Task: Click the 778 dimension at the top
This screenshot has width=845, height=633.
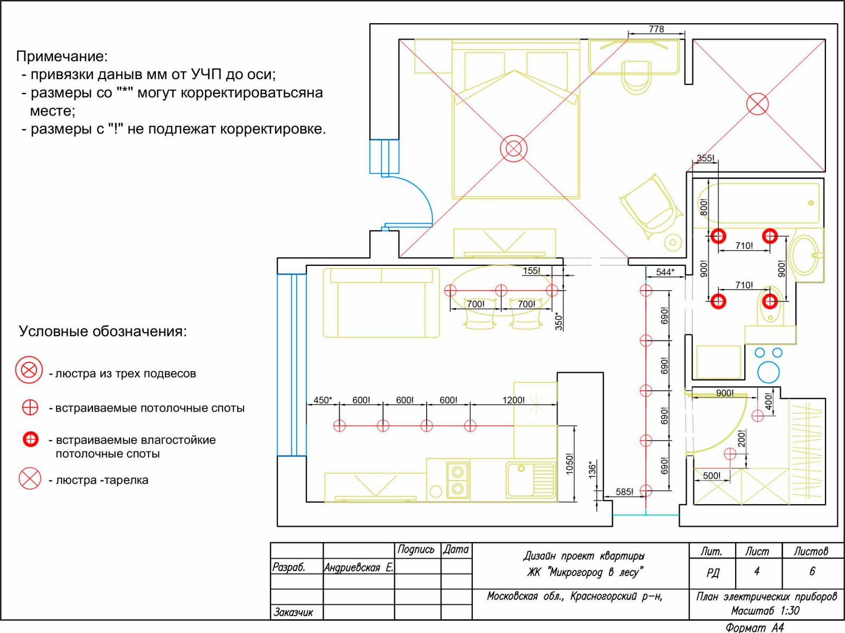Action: click(656, 29)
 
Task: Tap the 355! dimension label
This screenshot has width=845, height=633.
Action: click(705, 158)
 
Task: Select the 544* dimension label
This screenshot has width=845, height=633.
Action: click(665, 272)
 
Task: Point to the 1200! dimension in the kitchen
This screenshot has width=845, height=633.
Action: click(513, 400)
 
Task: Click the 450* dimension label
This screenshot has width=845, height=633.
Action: click(323, 400)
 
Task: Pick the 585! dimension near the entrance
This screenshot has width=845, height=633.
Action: click(624, 492)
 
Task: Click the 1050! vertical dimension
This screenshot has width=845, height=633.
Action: click(570, 464)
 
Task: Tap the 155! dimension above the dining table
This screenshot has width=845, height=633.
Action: click(531, 271)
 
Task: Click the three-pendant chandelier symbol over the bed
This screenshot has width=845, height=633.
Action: click(513, 148)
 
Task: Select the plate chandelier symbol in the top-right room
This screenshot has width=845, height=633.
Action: click(757, 104)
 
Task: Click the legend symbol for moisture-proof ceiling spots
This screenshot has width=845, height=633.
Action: click(31, 439)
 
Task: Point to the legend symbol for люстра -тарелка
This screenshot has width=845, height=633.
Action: click(30, 478)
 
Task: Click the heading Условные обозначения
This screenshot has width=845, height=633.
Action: click(103, 331)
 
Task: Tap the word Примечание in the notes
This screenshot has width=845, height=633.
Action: click(62, 56)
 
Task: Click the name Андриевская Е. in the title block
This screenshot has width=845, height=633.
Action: click(359, 567)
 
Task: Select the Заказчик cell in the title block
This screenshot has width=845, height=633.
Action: click(293, 612)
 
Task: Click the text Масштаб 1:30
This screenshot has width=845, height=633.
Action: click(765, 611)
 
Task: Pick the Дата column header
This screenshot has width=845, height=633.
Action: click(456, 550)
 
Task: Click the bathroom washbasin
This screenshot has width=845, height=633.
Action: click(805, 255)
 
